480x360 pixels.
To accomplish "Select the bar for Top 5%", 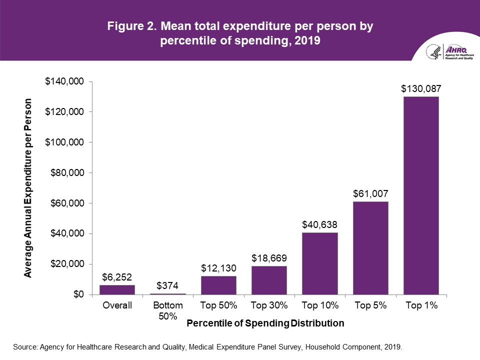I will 370,247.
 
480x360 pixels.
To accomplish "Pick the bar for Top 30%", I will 269,280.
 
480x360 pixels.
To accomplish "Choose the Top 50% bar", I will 218,285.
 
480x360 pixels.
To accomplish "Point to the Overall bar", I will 117,289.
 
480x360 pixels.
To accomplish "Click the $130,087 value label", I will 421,89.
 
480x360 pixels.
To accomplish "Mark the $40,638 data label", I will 320,224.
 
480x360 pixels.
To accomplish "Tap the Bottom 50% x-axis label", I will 168,310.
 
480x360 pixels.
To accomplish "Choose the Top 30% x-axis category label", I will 269,305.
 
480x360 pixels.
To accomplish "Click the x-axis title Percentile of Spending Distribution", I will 265,323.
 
